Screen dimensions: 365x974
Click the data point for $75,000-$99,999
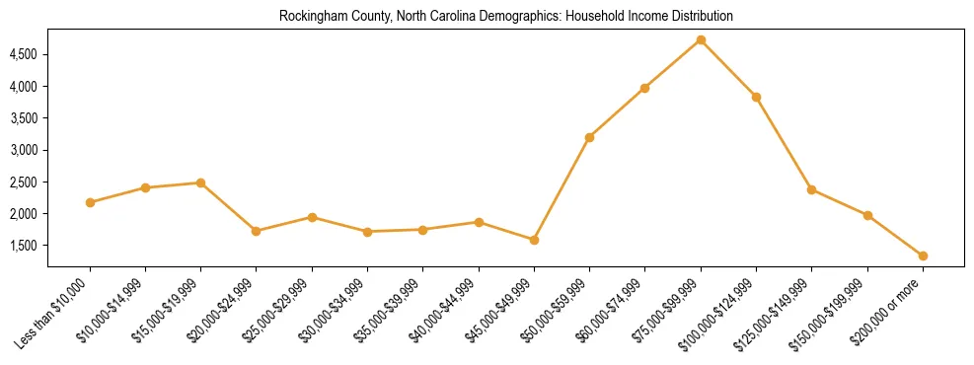click(701, 39)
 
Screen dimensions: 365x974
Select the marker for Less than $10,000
click(90, 202)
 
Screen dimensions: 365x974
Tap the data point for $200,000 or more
click(923, 255)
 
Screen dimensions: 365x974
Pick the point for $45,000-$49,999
click(534, 240)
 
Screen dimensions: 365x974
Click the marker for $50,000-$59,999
click(589, 137)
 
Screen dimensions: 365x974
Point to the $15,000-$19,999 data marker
click(200, 182)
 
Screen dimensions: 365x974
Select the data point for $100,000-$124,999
click(756, 97)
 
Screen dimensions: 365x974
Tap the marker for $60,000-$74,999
click(644, 88)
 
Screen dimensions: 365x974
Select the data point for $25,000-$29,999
click(312, 217)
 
